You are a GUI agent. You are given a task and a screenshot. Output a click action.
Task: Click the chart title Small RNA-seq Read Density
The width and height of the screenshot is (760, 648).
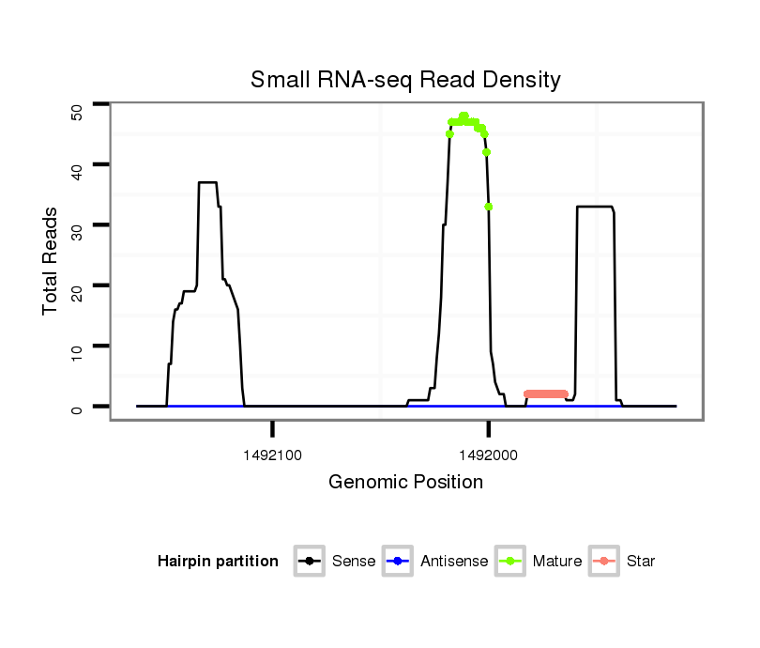(405, 80)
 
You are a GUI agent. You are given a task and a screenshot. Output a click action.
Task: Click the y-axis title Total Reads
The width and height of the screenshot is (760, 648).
(51, 261)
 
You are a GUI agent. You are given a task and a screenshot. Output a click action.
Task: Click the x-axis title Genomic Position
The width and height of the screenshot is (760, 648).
(405, 483)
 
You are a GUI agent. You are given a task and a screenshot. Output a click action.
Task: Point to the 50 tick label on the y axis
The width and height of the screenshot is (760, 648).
(77, 112)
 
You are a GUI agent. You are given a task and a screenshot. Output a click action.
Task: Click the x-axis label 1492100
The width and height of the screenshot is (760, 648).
(272, 455)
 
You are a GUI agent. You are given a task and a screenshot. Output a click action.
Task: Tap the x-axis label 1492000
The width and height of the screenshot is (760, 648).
(489, 455)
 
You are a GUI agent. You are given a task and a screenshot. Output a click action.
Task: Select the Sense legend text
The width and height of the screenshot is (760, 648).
(354, 562)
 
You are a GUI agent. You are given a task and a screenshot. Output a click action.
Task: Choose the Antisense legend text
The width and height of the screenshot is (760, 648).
(454, 562)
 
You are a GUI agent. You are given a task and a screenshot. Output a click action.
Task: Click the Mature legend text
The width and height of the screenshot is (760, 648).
(557, 562)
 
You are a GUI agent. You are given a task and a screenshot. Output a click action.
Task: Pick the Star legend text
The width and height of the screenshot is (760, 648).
(641, 562)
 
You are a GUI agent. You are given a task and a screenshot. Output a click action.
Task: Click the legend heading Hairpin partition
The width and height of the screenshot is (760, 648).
(218, 562)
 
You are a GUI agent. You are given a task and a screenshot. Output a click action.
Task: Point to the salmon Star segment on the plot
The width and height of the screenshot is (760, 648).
(545, 393)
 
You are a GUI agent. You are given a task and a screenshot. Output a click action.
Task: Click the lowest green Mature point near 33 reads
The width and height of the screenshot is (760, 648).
(489, 207)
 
